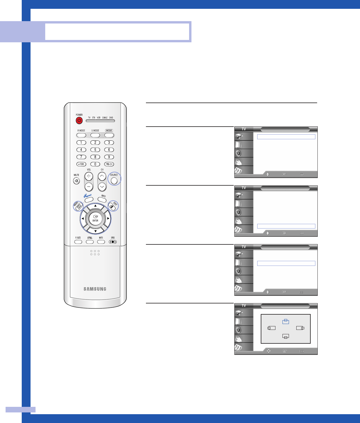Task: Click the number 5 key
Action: click(x=95, y=150)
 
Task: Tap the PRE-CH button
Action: click(x=109, y=164)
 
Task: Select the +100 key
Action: click(x=81, y=164)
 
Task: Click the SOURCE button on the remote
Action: click(x=114, y=180)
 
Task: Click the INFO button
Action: click(x=102, y=199)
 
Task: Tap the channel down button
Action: click(x=102, y=187)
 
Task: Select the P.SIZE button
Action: click(x=78, y=242)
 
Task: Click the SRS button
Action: click(x=113, y=242)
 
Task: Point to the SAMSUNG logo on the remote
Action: click(x=95, y=289)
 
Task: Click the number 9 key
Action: click(x=109, y=157)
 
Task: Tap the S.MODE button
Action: click(x=95, y=135)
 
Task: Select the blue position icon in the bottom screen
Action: click(x=285, y=322)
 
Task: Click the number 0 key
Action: click(x=95, y=164)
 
